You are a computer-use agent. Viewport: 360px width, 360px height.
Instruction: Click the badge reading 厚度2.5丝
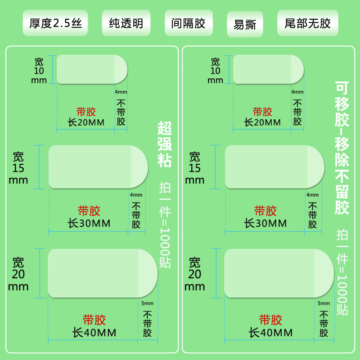[55, 23]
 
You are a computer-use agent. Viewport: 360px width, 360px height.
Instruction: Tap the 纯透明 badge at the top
[126, 23]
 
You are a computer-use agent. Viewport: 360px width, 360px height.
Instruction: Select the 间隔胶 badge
[189, 23]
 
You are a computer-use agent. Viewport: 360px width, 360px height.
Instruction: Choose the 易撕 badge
[245, 24]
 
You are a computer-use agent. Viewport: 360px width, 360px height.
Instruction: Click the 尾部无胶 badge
[308, 23]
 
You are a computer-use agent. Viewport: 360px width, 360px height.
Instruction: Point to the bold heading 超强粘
[164, 144]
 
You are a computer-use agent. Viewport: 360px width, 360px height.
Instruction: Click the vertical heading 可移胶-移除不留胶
[342, 148]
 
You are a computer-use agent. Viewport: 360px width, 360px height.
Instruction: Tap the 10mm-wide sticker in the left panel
[92, 69]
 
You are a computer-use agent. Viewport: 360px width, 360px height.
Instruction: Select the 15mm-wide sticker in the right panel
[274, 167]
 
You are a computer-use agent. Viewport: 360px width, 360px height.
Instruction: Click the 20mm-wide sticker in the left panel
[103, 273]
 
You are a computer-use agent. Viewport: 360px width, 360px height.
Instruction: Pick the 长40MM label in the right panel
[271, 333]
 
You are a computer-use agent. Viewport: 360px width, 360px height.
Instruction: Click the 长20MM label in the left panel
[86, 122]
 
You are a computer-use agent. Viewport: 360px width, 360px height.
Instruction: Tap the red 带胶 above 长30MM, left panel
[89, 211]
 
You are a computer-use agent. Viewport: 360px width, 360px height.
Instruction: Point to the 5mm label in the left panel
[147, 303]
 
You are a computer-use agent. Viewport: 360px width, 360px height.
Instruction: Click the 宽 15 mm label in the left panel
[18, 168]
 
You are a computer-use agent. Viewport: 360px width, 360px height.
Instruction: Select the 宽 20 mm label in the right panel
[195, 274]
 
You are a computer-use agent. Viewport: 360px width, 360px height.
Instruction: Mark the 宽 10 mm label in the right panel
[216, 71]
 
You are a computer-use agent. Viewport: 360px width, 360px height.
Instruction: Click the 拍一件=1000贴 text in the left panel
[165, 225]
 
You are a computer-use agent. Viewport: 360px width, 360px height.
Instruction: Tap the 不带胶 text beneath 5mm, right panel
[324, 324]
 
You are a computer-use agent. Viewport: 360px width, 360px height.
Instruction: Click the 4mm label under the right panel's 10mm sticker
[297, 92]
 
